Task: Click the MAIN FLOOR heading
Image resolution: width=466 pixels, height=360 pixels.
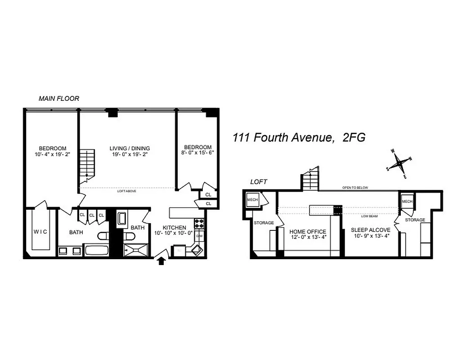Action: [x=59, y=99]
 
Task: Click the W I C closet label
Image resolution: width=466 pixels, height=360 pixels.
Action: [x=41, y=231]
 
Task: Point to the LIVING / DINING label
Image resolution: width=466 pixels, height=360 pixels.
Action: [x=130, y=148]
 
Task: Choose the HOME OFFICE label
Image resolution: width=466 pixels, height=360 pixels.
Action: [x=308, y=232]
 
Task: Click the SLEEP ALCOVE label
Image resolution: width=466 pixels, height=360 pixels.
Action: [x=371, y=230]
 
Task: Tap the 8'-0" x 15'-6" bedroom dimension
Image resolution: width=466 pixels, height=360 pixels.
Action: [x=198, y=153]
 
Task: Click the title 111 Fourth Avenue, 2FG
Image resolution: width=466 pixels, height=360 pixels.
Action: [x=299, y=138]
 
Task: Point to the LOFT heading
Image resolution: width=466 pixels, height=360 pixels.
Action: [x=260, y=182]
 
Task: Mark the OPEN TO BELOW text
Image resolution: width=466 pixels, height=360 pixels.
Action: [x=355, y=188]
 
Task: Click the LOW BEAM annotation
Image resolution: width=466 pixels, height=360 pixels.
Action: [x=369, y=216]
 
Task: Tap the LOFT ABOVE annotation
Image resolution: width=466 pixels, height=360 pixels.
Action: [x=127, y=191]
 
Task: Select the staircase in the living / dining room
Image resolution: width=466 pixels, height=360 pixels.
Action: [x=87, y=165]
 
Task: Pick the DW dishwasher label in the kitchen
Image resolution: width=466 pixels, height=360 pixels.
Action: [x=198, y=235]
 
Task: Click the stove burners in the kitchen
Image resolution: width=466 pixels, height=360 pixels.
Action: [x=199, y=223]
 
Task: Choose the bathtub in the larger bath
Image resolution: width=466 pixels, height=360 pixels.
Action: [x=96, y=250]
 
